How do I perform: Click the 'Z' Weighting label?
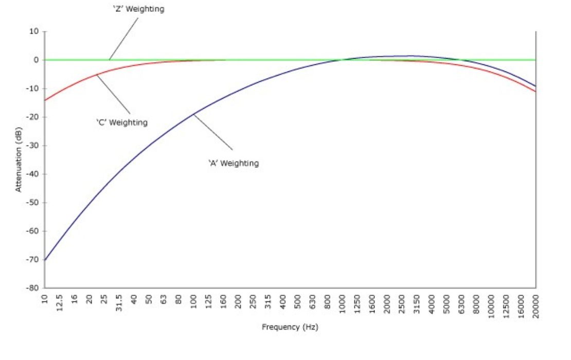(138, 9)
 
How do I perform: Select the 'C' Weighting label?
(122, 122)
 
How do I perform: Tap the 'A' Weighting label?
(233, 163)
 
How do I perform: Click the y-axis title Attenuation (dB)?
(19, 159)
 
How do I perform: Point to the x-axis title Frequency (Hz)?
(290, 327)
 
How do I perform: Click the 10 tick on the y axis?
(34, 31)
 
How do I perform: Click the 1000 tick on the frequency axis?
(343, 306)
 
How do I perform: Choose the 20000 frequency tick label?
(536, 308)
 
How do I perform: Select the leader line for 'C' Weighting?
(113, 94)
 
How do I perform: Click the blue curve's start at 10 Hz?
(45, 260)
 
